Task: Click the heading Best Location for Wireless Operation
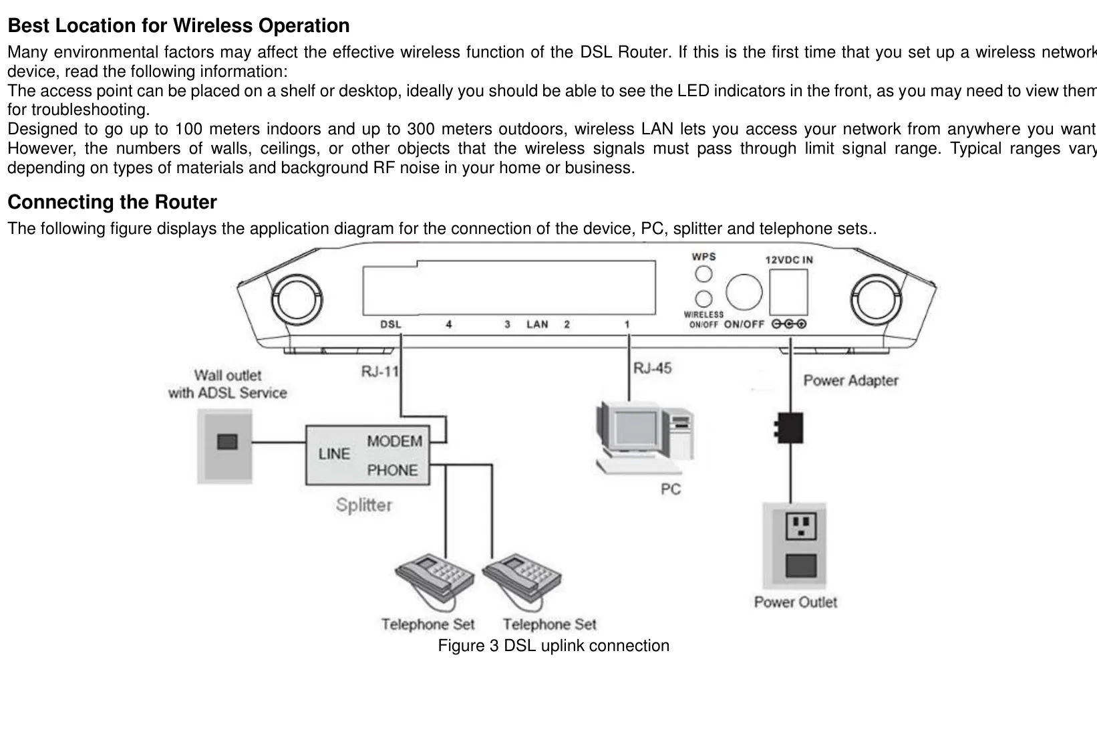178,26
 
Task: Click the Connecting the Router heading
112,203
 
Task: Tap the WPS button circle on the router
703,274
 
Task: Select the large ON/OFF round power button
744,292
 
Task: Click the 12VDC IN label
788,260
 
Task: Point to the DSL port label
391,325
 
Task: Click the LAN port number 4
449,325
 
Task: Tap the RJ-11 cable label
379,371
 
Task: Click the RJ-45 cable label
653,368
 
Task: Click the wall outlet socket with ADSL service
226,442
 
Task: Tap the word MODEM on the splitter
394,442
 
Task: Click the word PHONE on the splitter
392,471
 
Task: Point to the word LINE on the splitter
334,455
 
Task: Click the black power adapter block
790,428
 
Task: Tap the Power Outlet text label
795,602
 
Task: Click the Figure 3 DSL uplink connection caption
553,646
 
